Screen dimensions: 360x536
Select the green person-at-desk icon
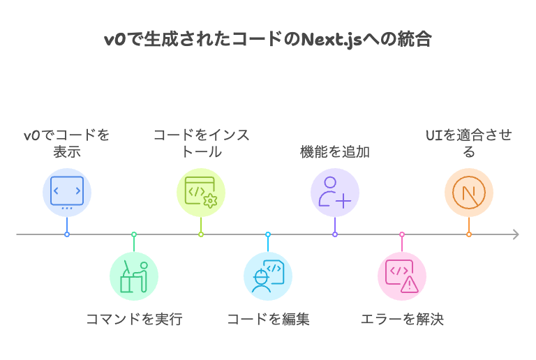134,276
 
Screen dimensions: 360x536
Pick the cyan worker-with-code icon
268,276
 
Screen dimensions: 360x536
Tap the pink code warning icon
402,276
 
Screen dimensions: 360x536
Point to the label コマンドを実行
134,320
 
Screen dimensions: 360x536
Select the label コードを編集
268,320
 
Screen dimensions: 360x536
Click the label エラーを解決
402,320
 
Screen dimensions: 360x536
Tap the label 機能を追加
335,151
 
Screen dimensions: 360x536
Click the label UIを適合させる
469,143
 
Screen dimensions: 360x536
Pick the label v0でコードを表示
67,143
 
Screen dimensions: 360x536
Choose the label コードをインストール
201,143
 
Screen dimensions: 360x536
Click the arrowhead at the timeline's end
516,234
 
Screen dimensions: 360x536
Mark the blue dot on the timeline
67,234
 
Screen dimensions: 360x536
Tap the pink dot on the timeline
402,234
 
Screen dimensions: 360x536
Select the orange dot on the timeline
469,234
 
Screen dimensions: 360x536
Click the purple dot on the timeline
335,234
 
